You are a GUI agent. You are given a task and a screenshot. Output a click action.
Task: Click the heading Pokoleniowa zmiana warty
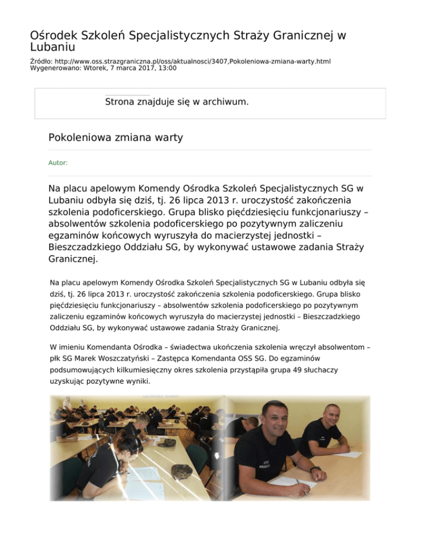coord(116,138)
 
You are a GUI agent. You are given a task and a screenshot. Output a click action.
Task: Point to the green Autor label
coord(58,163)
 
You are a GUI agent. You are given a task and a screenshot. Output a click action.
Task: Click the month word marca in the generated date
coord(110,68)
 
